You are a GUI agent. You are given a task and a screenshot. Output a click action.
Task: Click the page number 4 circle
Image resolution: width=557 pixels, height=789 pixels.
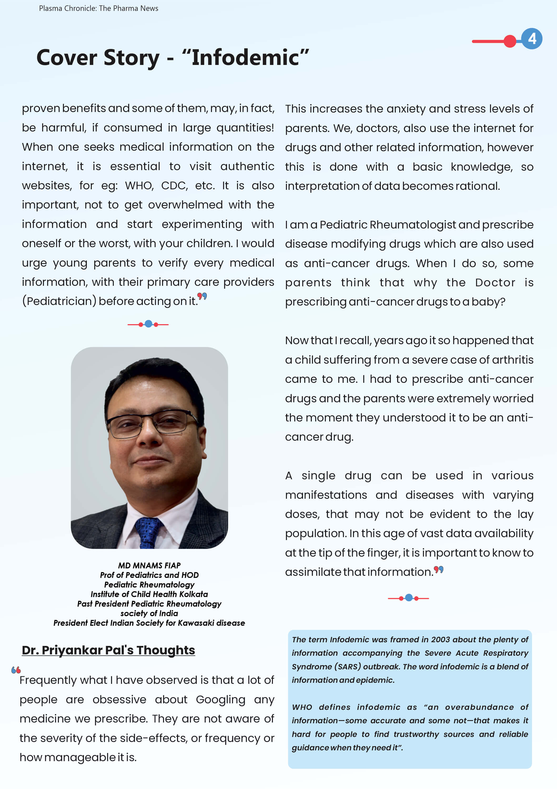coord(531,38)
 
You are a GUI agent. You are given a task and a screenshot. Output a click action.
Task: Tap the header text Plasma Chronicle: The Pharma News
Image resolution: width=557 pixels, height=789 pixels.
coord(99,8)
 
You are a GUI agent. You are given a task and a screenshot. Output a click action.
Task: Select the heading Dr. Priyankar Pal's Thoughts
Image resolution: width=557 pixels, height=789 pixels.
coord(108,650)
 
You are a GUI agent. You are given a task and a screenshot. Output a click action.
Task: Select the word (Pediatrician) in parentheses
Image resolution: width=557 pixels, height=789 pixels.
coord(59,301)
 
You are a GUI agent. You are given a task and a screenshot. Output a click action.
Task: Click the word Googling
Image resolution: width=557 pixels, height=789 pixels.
coord(220,699)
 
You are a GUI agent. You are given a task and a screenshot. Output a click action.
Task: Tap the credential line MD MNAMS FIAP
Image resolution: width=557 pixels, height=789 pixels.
coord(149,565)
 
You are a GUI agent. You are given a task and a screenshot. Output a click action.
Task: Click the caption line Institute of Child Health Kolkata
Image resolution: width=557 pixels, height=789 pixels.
coord(149,594)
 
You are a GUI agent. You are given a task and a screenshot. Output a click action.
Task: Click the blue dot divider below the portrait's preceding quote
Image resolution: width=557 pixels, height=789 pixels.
coord(148,324)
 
